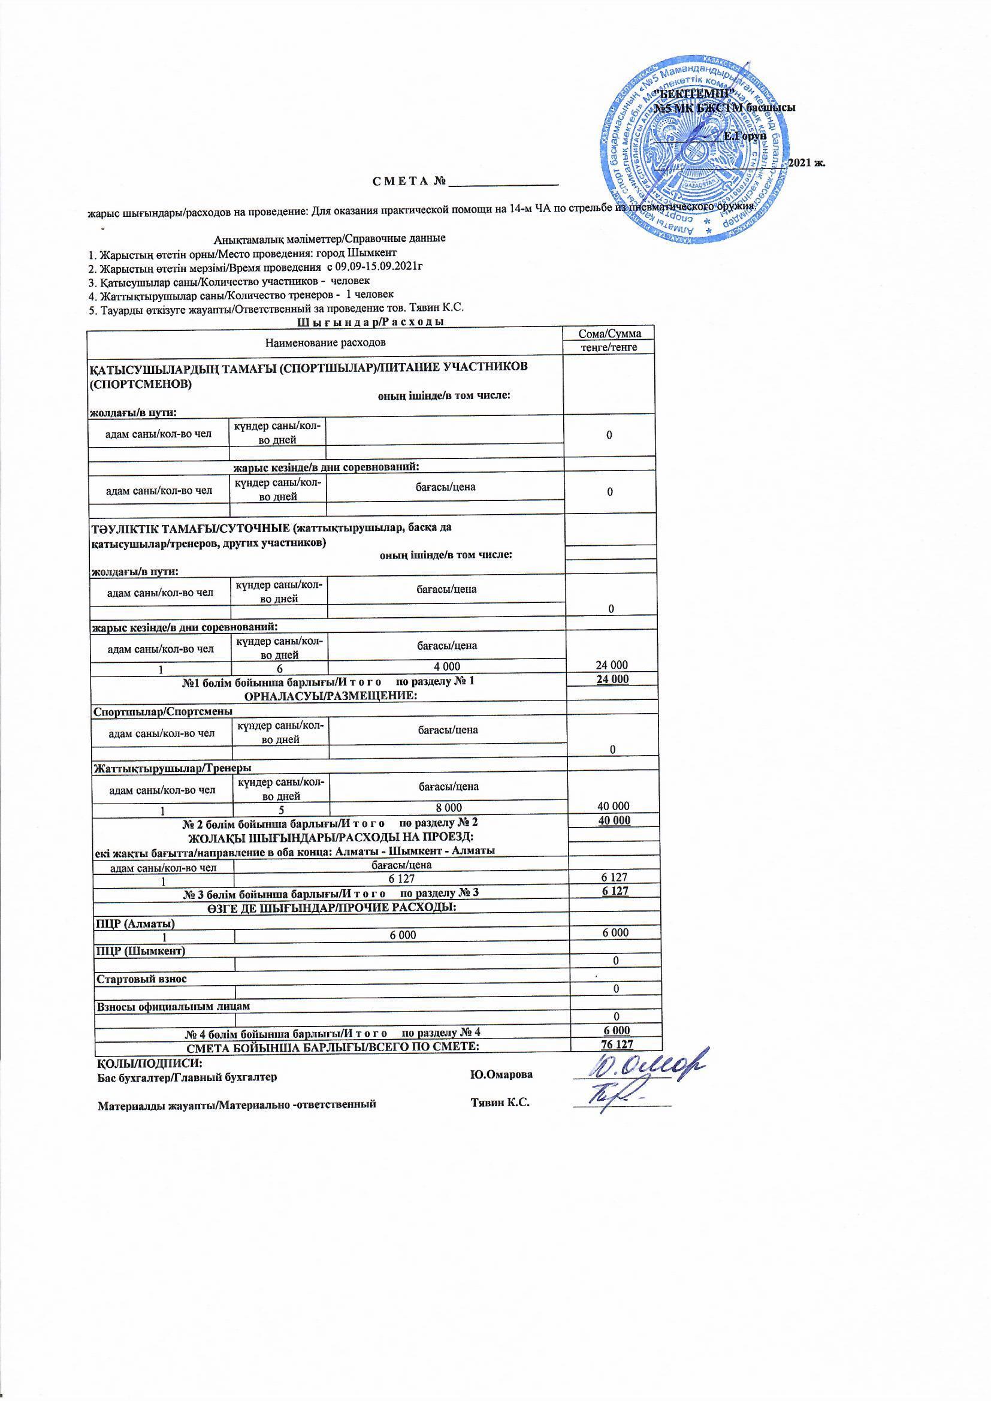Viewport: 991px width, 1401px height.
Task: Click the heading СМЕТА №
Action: point(408,182)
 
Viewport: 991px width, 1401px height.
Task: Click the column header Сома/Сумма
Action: point(609,334)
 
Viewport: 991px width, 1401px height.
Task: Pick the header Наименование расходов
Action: point(325,342)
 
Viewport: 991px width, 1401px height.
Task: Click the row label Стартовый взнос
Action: point(141,979)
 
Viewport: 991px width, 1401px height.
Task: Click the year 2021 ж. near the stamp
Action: point(806,163)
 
